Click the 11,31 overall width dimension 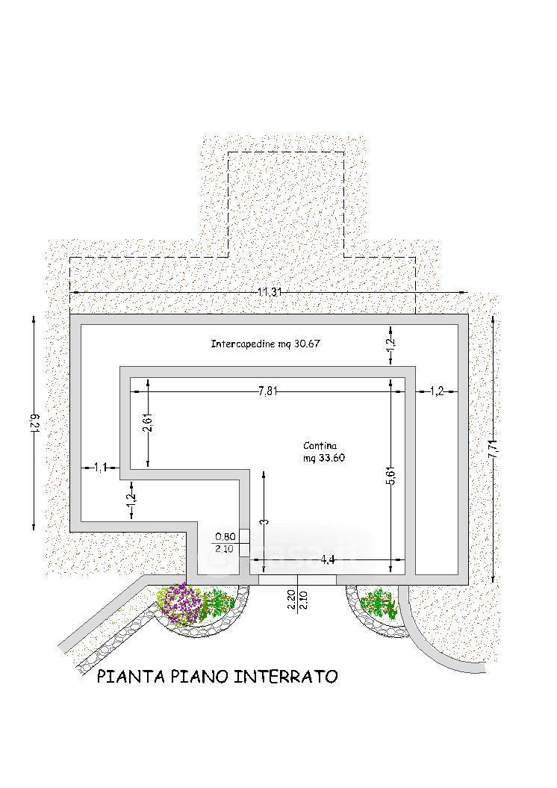[270, 292]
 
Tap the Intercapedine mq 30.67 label [265, 344]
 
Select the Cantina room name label [320, 446]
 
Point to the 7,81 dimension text [268, 392]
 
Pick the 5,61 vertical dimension [392, 475]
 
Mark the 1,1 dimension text [101, 468]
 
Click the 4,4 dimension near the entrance [328, 560]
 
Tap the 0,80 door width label [225, 537]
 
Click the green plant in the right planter [379, 604]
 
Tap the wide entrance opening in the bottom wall [297, 580]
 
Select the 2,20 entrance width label [292, 600]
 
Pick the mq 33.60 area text [324, 459]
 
